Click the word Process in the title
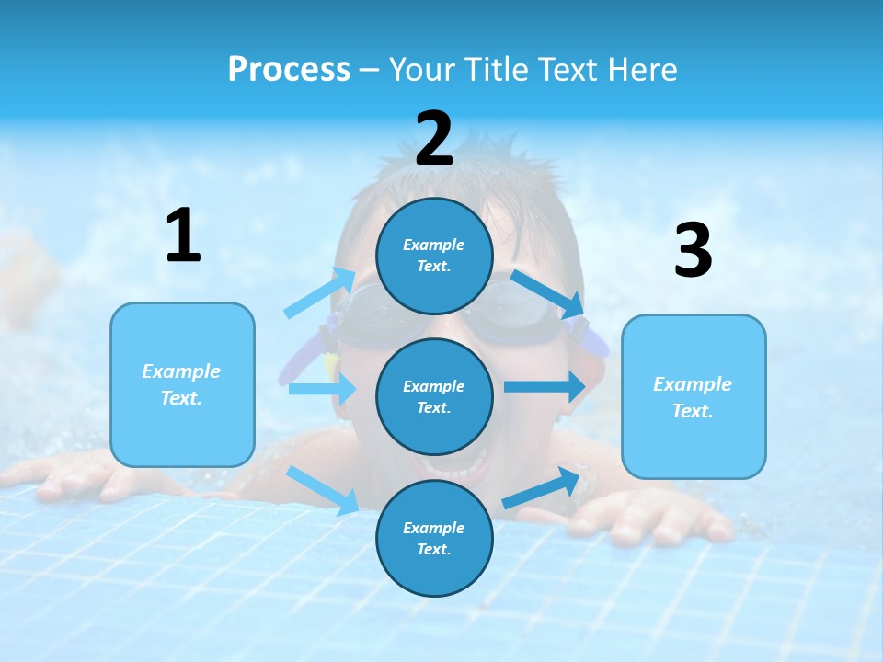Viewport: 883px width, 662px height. coord(289,70)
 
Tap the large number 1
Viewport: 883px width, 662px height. coord(183,236)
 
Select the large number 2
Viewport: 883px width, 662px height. coord(434,139)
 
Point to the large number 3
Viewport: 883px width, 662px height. coord(693,251)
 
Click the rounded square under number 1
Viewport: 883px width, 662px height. coord(182,384)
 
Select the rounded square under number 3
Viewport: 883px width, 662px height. coord(694,396)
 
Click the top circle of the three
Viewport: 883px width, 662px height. coord(434,256)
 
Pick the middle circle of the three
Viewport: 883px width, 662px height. coord(434,396)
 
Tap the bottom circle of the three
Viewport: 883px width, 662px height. coord(434,538)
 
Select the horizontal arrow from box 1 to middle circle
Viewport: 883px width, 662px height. coord(322,389)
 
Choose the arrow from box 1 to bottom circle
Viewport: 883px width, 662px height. coord(323,490)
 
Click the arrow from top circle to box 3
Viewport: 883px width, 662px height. coord(548,293)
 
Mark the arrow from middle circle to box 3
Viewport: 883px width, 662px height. coord(545,386)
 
